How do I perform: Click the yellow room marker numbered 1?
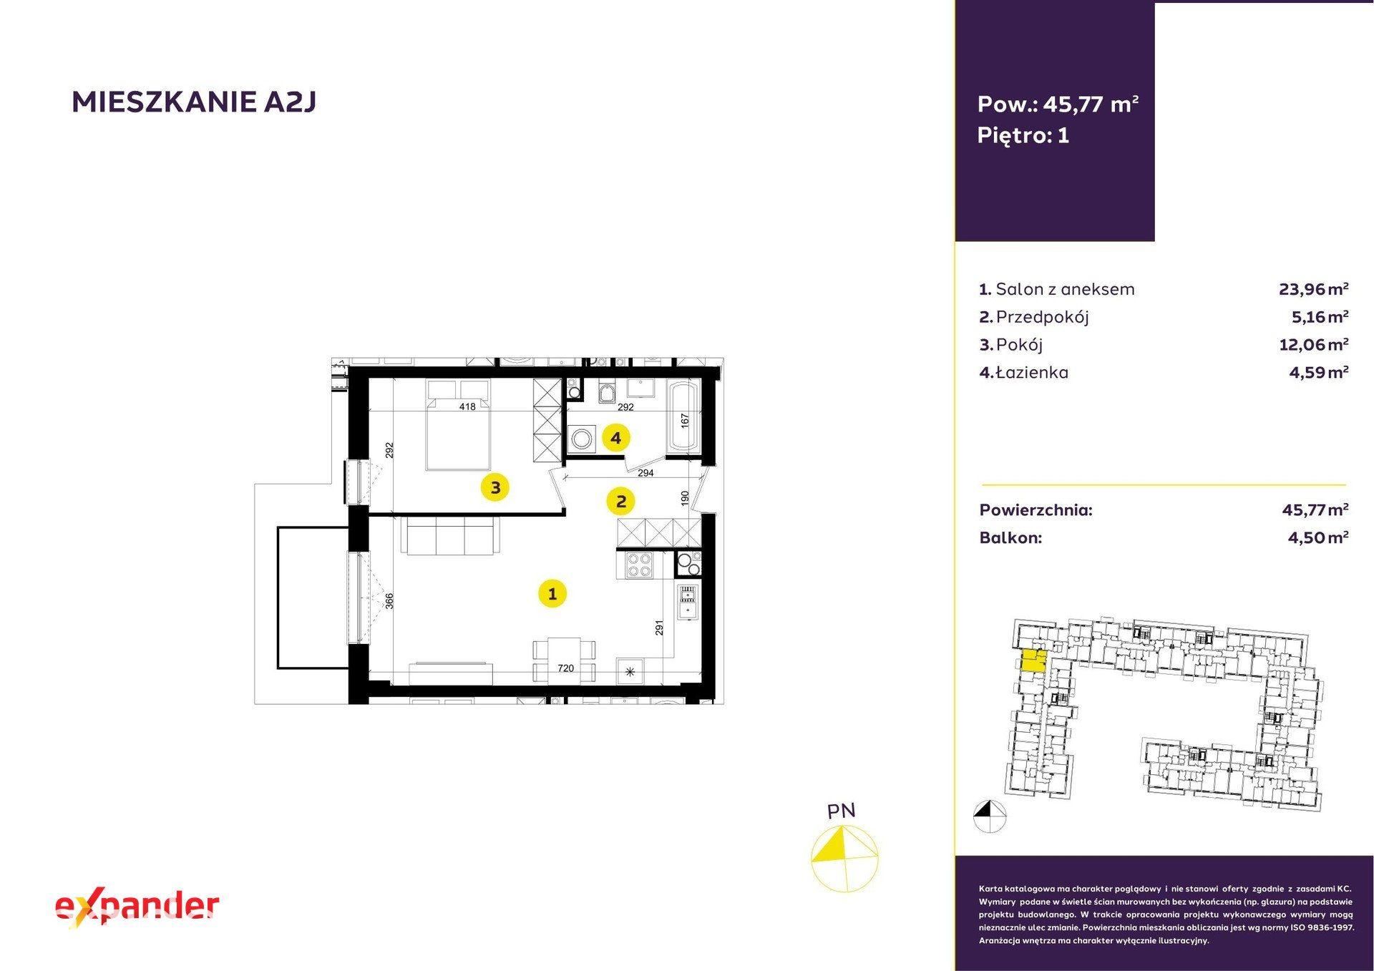tap(552, 593)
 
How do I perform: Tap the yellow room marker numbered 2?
tap(620, 501)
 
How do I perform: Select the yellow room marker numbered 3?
tap(495, 488)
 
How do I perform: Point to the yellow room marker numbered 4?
tap(616, 437)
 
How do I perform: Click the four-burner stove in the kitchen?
tap(639, 565)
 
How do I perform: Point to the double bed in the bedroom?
tap(458, 424)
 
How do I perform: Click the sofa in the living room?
tap(451, 536)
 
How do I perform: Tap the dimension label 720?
tap(565, 668)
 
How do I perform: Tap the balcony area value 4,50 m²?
tap(1318, 537)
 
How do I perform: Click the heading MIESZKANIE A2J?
tap(194, 102)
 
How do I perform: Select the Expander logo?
tap(137, 907)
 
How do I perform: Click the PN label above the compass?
tap(841, 811)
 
